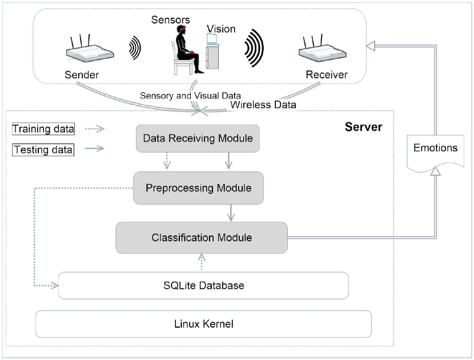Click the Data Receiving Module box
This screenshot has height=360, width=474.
click(x=198, y=138)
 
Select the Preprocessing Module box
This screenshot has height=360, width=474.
click(x=198, y=187)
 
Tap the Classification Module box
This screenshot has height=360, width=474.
click(x=202, y=237)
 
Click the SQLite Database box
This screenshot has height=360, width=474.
click(x=203, y=285)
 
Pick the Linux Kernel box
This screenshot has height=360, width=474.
click(x=203, y=324)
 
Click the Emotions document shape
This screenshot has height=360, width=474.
click(x=435, y=149)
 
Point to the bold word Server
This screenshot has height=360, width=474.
click(x=363, y=126)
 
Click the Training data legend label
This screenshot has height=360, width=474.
click(x=43, y=129)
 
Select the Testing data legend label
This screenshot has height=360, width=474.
click(x=43, y=150)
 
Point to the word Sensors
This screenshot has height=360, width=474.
click(x=170, y=19)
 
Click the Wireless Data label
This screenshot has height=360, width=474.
click(x=263, y=105)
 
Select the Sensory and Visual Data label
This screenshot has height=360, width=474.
click(x=191, y=95)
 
